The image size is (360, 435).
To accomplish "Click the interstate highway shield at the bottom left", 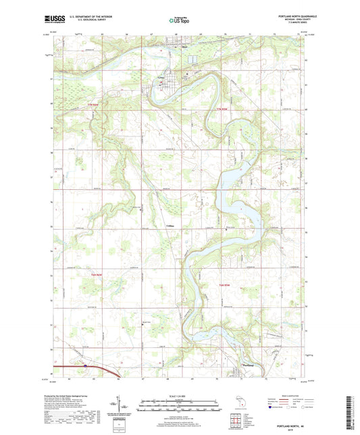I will pyautogui.click(x=86, y=365).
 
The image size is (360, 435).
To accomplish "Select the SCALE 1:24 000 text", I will pyautogui.click(x=179, y=387).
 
